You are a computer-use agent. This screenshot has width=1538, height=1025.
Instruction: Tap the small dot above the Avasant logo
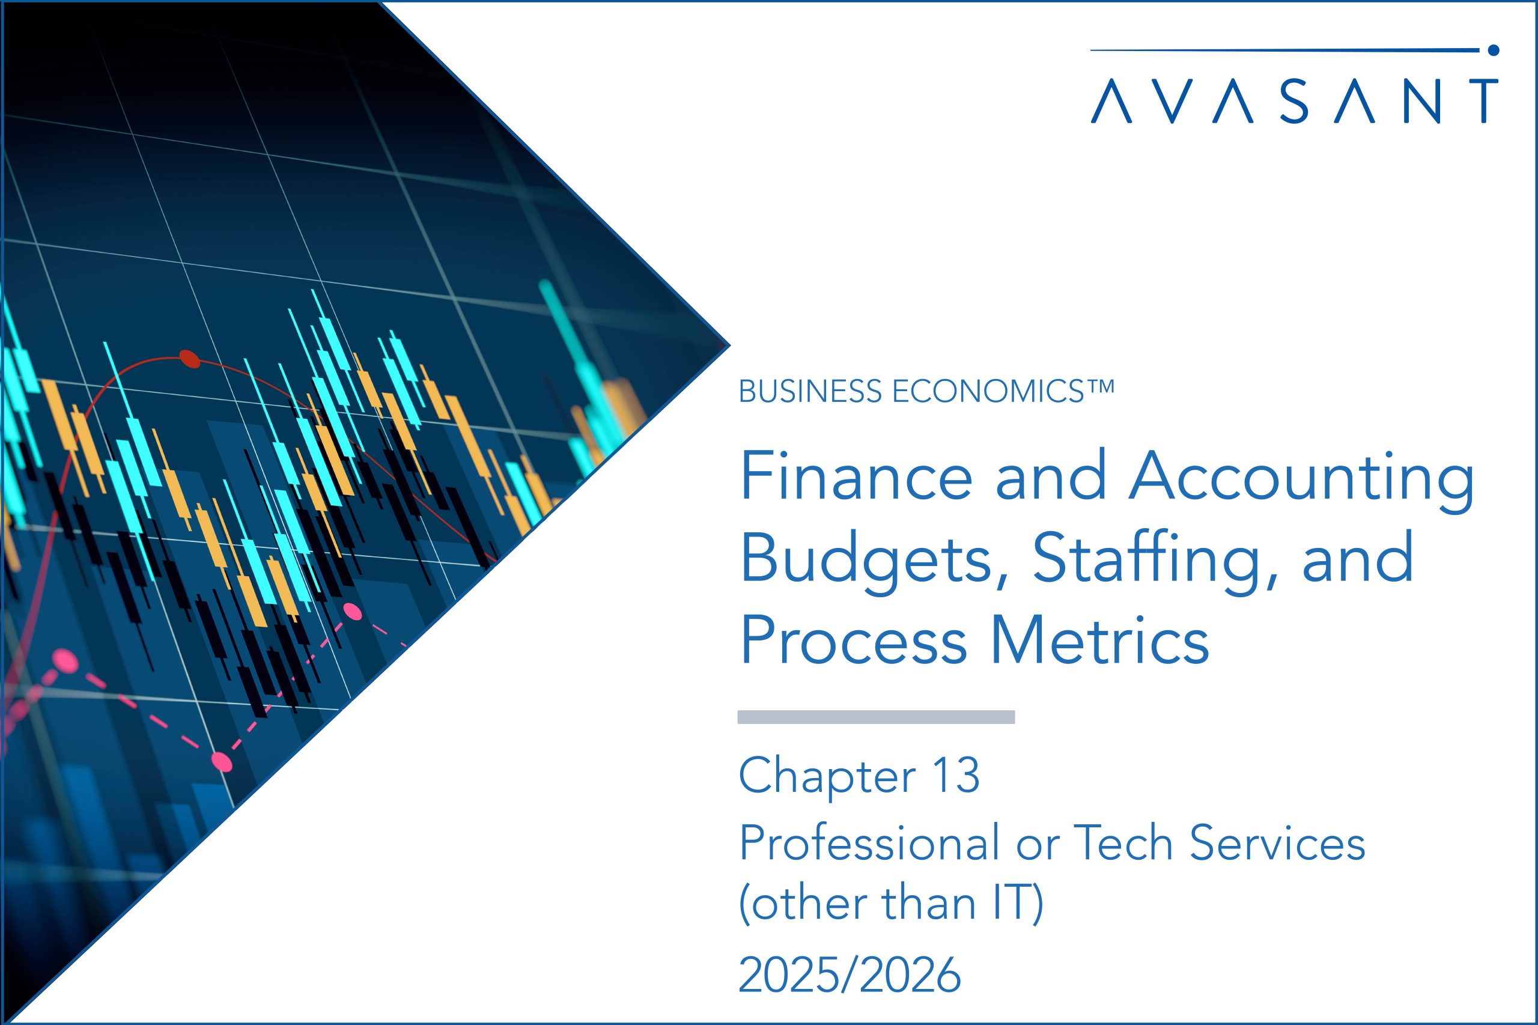click(1492, 49)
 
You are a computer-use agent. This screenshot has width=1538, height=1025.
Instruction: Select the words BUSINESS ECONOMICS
click(911, 392)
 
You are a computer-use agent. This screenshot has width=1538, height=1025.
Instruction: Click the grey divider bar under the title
click(876, 717)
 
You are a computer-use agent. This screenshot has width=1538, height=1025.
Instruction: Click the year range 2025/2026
click(849, 974)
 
